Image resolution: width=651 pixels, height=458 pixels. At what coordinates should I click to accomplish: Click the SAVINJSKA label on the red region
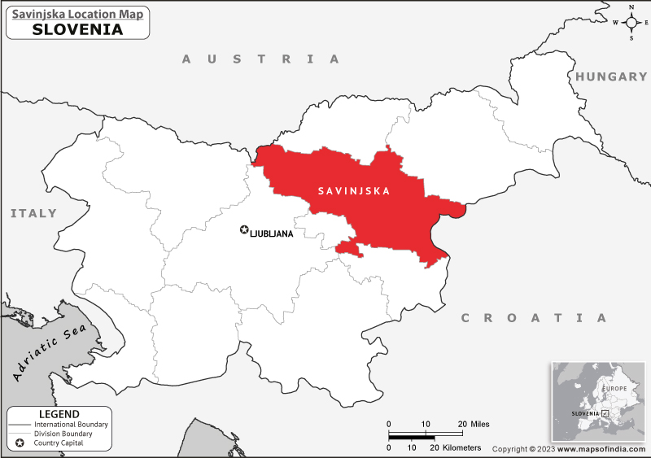click(353, 192)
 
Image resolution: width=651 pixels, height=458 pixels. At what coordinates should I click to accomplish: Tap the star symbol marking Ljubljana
click(243, 231)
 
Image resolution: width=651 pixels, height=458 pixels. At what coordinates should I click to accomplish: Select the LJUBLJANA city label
click(272, 233)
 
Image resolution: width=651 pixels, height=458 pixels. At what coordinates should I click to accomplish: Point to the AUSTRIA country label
click(260, 59)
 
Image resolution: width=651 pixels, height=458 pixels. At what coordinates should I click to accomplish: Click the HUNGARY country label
click(611, 76)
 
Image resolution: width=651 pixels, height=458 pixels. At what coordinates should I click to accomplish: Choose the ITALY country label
click(33, 213)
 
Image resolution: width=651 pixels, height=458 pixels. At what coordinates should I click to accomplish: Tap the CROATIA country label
click(534, 317)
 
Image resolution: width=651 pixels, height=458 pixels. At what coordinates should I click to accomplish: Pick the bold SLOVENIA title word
click(78, 29)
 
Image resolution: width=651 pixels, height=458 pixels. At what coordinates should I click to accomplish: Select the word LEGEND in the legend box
click(59, 414)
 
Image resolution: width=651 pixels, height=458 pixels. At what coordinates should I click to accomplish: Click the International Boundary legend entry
click(71, 425)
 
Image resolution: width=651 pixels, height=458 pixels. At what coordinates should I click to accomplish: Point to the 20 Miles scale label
click(473, 424)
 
